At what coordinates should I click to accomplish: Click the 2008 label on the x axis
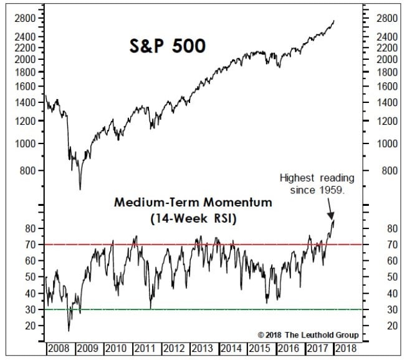(59, 349)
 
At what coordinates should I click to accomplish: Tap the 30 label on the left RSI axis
(30, 309)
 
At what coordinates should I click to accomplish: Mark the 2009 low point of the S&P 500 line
(80, 188)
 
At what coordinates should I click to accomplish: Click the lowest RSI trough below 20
(69, 330)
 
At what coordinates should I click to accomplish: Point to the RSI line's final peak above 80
(333, 219)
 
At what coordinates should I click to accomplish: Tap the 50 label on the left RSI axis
(30, 277)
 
